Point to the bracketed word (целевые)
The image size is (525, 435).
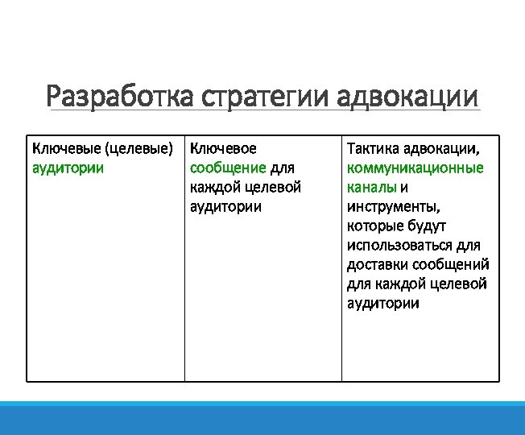pyautogui.click(x=139, y=149)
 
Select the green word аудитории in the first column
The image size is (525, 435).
pyautogui.click(x=67, y=168)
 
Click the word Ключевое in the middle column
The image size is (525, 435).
pyautogui.click(x=223, y=149)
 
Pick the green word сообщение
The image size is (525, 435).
pyautogui.click(x=228, y=168)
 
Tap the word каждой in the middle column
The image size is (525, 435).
pyautogui.click(x=212, y=188)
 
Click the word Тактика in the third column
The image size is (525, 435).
pyautogui.click(x=373, y=149)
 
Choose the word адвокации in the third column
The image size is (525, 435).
pyautogui.click(x=443, y=149)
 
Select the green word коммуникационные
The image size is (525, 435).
pyautogui.click(x=415, y=168)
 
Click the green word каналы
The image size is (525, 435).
pyautogui.click(x=371, y=188)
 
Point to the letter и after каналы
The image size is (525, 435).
pyautogui.click(x=404, y=188)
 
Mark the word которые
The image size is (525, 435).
pyautogui.click(x=375, y=226)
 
